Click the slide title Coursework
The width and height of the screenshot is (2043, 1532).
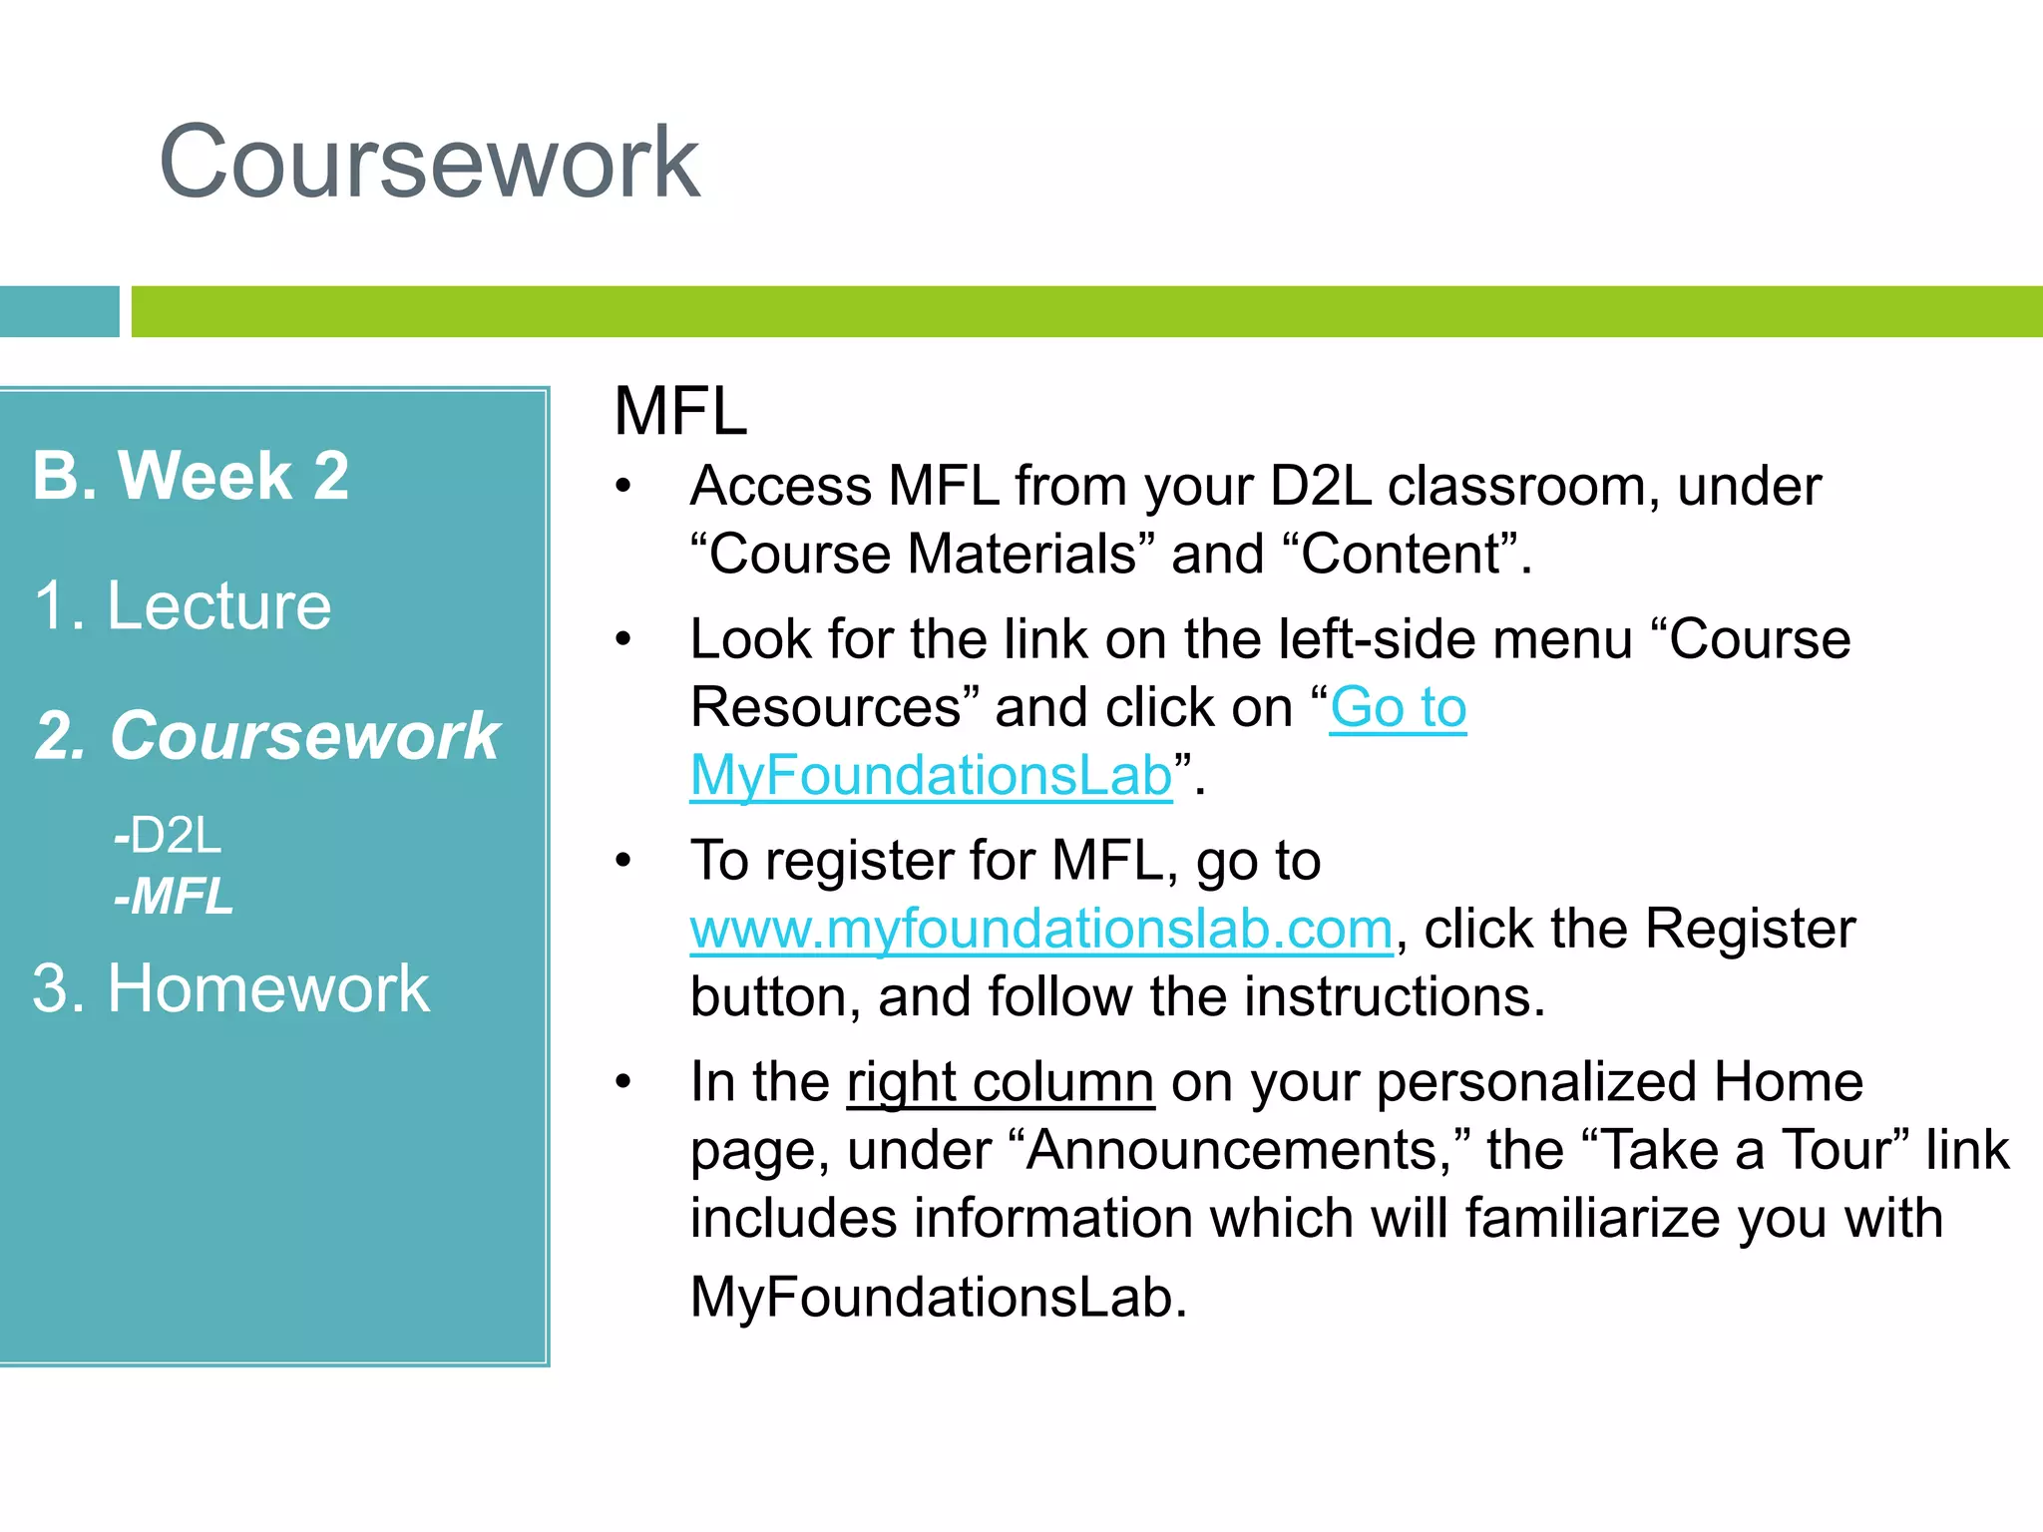[x=429, y=163]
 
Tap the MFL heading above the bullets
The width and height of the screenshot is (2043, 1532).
[x=680, y=411]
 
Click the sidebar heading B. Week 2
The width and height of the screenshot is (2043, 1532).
[x=191, y=475]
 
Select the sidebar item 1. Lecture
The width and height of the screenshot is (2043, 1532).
[x=182, y=605]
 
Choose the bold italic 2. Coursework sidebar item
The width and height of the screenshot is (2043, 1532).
[x=266, y=736]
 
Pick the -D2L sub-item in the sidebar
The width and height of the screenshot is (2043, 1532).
[x=167, y=836]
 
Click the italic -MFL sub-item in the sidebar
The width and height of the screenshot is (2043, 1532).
[x=173, y=896]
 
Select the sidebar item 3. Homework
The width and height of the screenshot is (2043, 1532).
[x=230, y=988]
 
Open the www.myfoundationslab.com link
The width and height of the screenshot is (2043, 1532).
[x=1040, y=930]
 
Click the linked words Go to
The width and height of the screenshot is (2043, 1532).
[x=1398, y=708]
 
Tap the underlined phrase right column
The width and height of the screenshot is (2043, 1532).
[x=1001, y=1083]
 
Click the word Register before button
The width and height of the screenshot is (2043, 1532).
[x=1750, y=930]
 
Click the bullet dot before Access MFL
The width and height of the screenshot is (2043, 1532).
[x=623, y=487]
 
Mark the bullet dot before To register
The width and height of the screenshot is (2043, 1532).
[x=623, y=861]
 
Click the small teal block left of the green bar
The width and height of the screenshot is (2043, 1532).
[x=59, y=311]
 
